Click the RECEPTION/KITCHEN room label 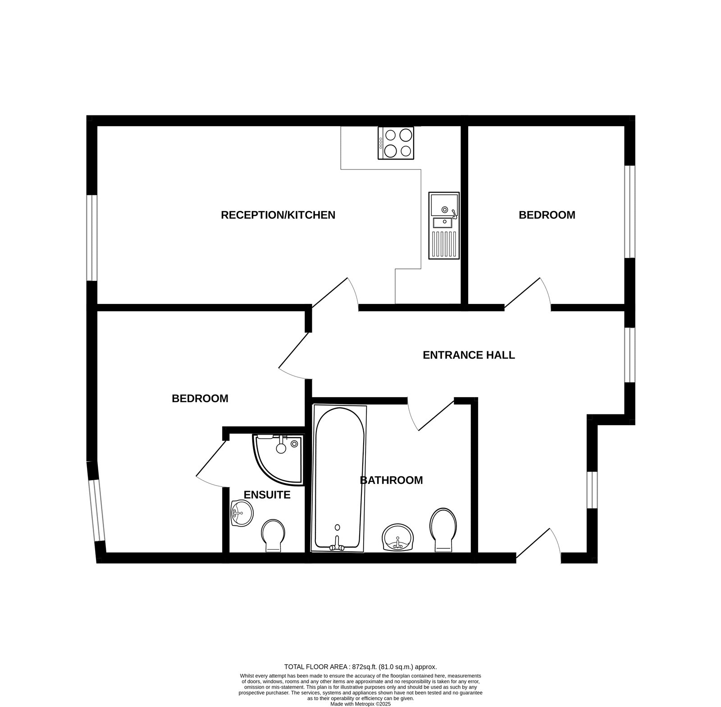[278, 215]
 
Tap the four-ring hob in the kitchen [396, 143]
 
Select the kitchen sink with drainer [443, 225]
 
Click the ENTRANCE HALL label [468, 355]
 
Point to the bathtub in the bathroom [339, 478]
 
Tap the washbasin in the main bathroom [397, 537]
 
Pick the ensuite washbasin [242, 513]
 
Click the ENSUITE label [267, 495]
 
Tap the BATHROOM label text [391, 480]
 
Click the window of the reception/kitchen [92, 238]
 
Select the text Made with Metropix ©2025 [360, 703]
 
